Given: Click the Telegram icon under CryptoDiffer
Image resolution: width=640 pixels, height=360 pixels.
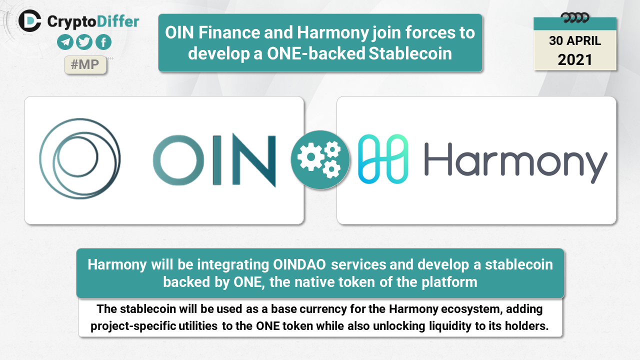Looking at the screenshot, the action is (x=65, y=42).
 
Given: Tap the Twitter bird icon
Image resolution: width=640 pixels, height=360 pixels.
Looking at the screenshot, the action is (x=84, y=42).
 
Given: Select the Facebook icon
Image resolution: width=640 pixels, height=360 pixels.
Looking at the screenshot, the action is (x=103, y=42).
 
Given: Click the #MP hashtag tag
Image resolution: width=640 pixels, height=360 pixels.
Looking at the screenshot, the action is (x=85, y=64).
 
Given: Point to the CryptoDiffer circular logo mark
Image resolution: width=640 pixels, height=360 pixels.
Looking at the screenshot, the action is (x=29, y=20).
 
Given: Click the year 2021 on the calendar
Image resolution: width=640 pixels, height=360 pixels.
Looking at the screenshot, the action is (x=575, y=59).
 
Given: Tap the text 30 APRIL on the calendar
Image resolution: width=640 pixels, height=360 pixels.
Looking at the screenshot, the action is (x=575, y=41).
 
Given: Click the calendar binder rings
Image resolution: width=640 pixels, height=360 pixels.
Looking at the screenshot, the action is (x=575, y=18).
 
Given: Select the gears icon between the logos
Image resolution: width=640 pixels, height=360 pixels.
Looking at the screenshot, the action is (x=320, y=159).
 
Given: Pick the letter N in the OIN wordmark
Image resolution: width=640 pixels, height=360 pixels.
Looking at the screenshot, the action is (x=254, y=160).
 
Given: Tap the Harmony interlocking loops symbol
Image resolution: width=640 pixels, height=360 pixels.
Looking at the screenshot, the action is (x=383, y=159).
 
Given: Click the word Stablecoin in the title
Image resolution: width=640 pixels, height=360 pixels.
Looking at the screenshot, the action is (x=410, y=53).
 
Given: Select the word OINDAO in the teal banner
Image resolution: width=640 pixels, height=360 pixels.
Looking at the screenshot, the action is (x=299, y=264).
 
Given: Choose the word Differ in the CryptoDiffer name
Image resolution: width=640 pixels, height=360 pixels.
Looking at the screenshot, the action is (x=117, y=21).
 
